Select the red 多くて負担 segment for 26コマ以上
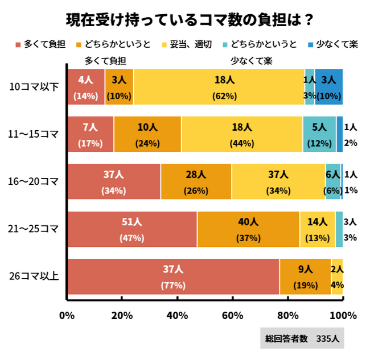pyautogui.click(x=173, y=276)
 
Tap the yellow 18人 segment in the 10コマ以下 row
pyautogui.click(x=219, y=86)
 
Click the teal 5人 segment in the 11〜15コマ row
pyautogui.click(x=319, y=134)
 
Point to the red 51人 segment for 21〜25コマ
pyautogui.click(x=132, y=229)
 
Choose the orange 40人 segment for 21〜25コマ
pyautogui.click(x=248, y=229)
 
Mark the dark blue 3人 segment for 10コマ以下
pyautogui.click(x=328, y=86)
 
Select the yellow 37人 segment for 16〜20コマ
pyautogui.click(x=278, y=181)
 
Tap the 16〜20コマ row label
pyautogui.click(x=35, y=181)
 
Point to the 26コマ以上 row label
pyautogui.click(x=35, y=277)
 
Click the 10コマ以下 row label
pyautogui.click(x=35, y=87)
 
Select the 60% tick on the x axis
pyautogui.click(x=232, y=315)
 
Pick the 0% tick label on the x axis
pyautogui.click(x=67, y=315)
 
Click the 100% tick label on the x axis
pyautogui.click(x=343, y=315)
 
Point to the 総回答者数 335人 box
pyautogui.click(x=302, y=338)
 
